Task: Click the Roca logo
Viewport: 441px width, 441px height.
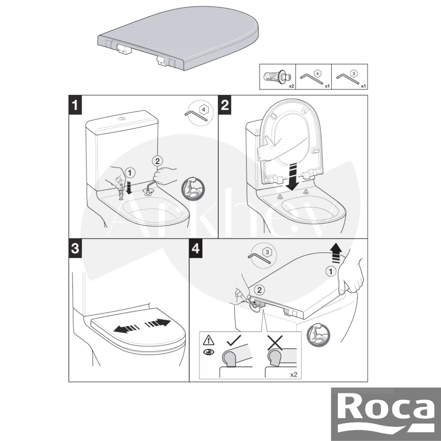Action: click(x=386, y=414)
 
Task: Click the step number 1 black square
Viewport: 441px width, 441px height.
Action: click(x=75, y=105)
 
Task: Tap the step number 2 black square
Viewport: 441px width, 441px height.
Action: click(x=225, y=105)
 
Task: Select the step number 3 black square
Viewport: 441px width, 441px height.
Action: click(x=75, y=249)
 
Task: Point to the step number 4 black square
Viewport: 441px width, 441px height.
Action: click(x=196, y=249)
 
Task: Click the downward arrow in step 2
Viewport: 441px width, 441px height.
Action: click(x=292, y=176)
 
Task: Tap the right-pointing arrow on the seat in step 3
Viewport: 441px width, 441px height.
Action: click(x=158, y=323)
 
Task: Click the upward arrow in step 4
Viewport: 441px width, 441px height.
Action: click(x=336, y=253)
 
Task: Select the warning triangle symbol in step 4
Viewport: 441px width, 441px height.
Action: click(x=209, y=340)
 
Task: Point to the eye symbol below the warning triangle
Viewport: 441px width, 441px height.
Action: click(x=209, y=352)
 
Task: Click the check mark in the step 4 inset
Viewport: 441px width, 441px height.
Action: click(x=233, y=340)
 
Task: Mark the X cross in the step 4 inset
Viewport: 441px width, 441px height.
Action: click(x=275, y=342)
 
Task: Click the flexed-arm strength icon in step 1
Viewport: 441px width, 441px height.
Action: click(x=193, y=189)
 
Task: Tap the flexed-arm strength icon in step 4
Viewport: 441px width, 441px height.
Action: click(x=318, y=335)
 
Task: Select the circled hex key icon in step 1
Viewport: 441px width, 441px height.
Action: click(x=200, y=113)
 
